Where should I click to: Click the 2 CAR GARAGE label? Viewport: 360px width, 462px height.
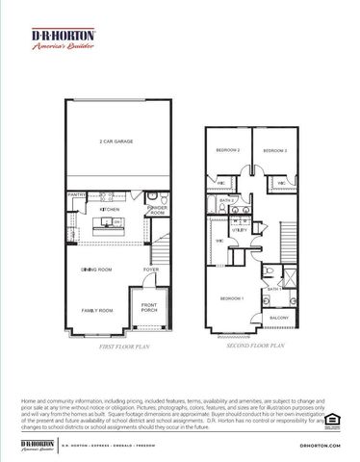[115, 141]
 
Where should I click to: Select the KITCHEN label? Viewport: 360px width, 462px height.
[111, 209]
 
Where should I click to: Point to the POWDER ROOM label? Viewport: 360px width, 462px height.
[156, 209]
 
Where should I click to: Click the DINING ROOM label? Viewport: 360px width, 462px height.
[97, 269]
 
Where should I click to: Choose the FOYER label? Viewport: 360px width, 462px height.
[151, 269]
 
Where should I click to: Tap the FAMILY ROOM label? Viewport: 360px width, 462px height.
[97, 310]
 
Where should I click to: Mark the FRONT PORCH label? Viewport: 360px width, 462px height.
[149, 308]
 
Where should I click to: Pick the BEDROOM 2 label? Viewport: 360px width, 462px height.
[227, 151]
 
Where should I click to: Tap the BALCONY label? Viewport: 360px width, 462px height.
[279, 317]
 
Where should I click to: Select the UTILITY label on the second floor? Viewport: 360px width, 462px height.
[241, 230]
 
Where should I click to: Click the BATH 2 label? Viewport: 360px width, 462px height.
[227, 200]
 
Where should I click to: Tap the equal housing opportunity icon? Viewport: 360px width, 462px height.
[333, 418]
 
